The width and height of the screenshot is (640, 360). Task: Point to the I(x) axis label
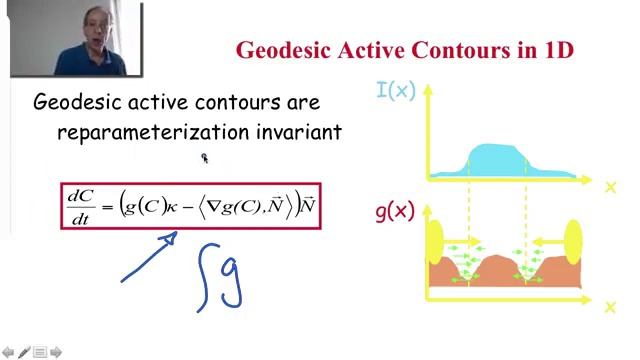click(x=395, y=91)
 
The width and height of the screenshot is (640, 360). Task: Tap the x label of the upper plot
click(x=610, y=186)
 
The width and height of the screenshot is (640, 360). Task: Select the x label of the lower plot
click(x=610, y=308)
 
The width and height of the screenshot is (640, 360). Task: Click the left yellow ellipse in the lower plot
click(x=435, y=242)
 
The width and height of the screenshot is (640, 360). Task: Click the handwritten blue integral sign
click(x=206, y=276)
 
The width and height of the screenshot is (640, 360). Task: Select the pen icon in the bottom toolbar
click(x=23, y=352)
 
